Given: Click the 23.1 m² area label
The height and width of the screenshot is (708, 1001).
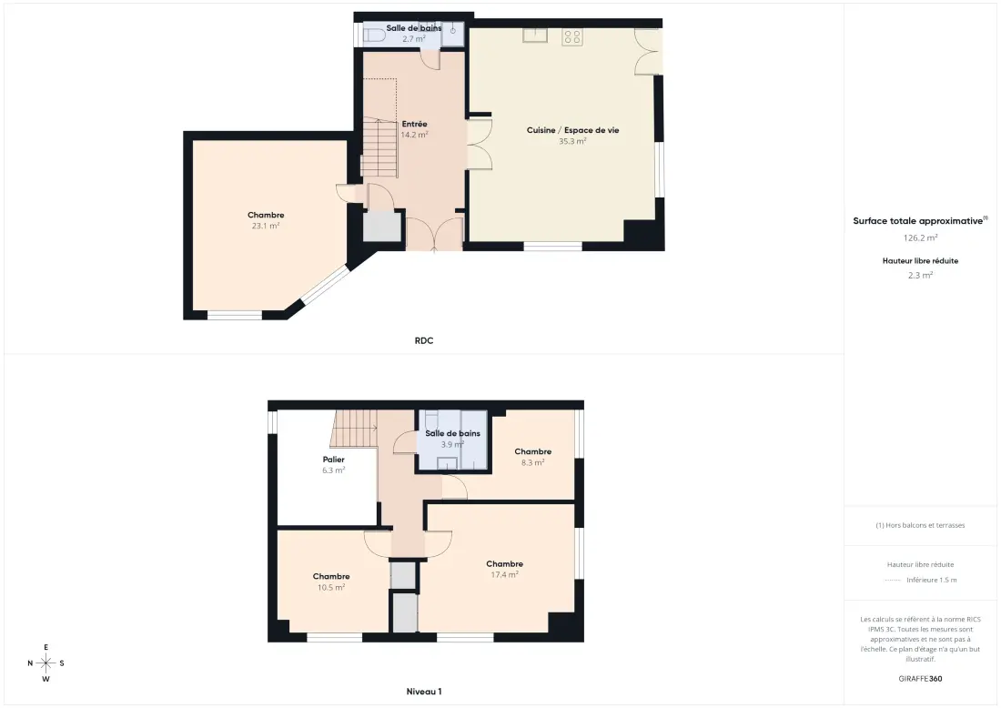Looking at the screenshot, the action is coord(266,226).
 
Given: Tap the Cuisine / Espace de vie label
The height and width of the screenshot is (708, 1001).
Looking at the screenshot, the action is coord(572,130).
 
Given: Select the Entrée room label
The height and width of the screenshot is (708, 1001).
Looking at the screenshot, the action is coord(414,124).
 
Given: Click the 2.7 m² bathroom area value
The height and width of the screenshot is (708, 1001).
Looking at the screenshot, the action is coord(414,39).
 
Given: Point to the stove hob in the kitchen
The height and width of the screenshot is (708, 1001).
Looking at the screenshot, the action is coord(572,37).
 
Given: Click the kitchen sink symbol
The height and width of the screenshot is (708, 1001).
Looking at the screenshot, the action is coord(535,35).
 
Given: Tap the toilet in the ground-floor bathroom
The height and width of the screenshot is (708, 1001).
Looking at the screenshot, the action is coord(374,35).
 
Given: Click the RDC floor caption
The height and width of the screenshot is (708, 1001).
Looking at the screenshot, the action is coord(424,341).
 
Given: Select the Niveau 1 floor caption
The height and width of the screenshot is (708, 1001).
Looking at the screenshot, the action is coord(424,692).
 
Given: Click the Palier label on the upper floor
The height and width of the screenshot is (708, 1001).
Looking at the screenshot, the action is coord(333,460).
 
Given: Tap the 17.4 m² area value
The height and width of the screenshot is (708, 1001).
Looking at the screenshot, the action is coord(504,575).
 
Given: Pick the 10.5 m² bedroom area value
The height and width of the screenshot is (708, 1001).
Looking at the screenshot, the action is coord(331,588).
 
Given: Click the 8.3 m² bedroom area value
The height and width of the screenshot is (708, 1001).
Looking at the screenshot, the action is coord(532,463).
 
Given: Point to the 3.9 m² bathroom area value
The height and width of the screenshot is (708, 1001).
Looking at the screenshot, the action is coord(452,444).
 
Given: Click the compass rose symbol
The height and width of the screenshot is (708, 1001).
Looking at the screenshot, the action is coord(46,663).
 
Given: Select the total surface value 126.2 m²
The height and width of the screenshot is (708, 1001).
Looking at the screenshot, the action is coord(920,238).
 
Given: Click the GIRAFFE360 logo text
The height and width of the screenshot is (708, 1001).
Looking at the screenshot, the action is coord(920,679).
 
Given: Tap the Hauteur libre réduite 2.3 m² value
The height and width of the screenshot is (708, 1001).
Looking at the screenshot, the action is coord(920,275).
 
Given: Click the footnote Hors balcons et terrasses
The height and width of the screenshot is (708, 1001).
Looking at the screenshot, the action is coord(920,525).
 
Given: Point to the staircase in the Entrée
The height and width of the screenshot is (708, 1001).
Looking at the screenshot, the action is coord(379,147).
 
